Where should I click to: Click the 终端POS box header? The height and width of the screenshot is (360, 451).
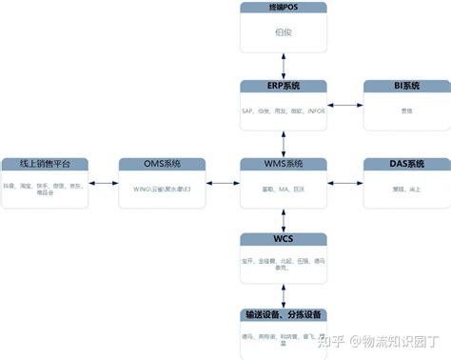282,8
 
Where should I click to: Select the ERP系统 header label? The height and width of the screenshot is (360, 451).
282,87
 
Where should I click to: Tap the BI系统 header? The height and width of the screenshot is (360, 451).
405,87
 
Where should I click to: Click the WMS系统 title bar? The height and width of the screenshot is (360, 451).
282,164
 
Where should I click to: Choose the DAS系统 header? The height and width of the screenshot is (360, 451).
405,164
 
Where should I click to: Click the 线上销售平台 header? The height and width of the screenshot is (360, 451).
44,164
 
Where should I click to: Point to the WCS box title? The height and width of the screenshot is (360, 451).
282,239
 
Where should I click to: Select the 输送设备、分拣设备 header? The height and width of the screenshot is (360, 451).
282,315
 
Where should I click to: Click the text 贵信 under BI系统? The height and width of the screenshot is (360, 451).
405,111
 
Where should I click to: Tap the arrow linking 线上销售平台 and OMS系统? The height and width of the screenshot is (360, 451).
103,181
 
